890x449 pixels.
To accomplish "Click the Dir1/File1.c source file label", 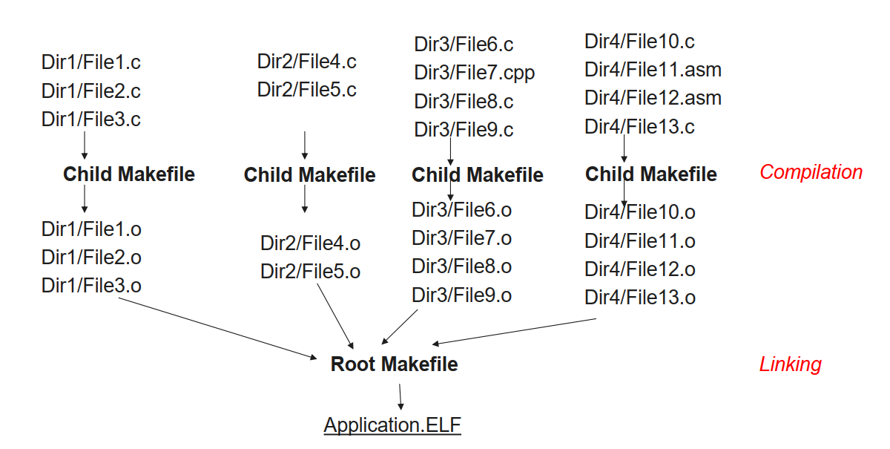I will click(91, 62).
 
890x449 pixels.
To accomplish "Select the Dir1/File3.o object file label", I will click(91, 286).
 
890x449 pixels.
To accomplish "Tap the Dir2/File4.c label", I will click(307, 61).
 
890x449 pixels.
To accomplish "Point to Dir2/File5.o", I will click(310, 272).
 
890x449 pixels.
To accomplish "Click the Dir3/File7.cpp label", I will click(475, 73).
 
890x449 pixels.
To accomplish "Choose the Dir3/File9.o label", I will click(461, 295).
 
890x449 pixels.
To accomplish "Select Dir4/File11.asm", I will click(653, 71).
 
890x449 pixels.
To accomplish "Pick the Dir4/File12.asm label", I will click(653, 98).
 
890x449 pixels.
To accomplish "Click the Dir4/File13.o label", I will click(640, 298).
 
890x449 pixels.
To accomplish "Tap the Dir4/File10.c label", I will click(639, 42).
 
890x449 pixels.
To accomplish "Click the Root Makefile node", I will click(394, 364).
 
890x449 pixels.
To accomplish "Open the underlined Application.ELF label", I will click(392, 425).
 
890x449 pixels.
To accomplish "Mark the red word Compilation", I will click(811, 172).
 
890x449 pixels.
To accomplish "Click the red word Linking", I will click(790, 364).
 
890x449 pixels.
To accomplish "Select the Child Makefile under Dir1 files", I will click(129, 174).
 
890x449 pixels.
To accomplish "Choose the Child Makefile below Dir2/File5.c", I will click(309, 175).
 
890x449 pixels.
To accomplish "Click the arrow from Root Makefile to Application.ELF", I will click(400, 396).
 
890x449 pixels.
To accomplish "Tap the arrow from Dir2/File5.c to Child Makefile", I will click(305, 145).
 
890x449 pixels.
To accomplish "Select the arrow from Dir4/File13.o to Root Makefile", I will click(515, 332).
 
